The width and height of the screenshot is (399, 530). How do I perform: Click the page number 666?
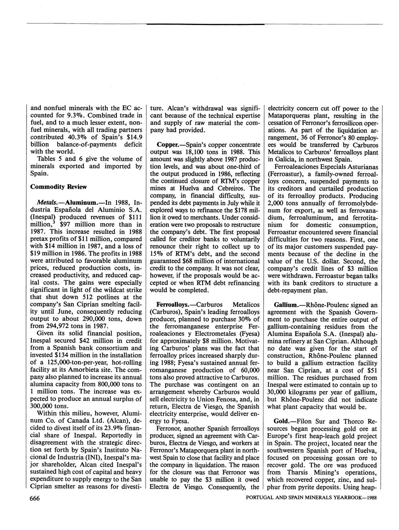[x=35, y=498]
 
